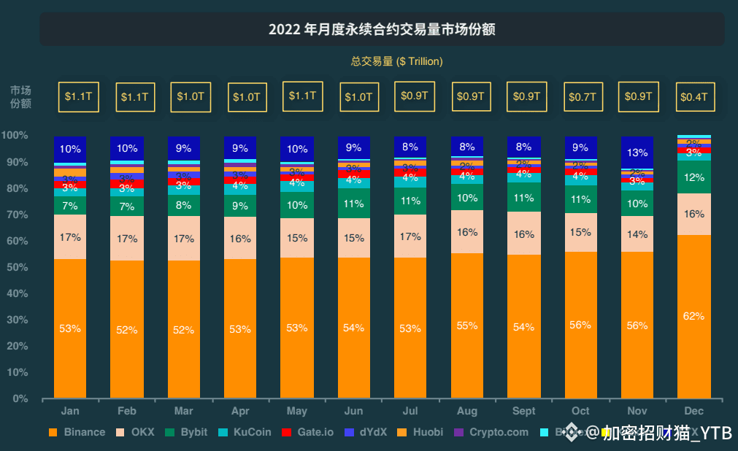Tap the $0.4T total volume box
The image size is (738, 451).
[693, 96]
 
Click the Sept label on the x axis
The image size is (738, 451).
[523, 411]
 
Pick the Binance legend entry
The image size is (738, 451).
[77, 432]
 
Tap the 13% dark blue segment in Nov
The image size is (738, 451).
[637, 153]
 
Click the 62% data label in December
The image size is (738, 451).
[693, 316]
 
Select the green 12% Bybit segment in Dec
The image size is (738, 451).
[693, 177]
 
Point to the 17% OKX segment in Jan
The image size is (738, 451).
[70, 237]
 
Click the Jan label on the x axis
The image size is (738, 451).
[70, 411]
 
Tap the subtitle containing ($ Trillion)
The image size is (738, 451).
[397, 61]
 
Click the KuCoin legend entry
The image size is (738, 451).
[245, 432]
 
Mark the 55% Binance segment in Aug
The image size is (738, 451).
[467, 326]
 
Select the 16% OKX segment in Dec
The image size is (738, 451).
[693, 214]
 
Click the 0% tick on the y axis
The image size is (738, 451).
[20, 398]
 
